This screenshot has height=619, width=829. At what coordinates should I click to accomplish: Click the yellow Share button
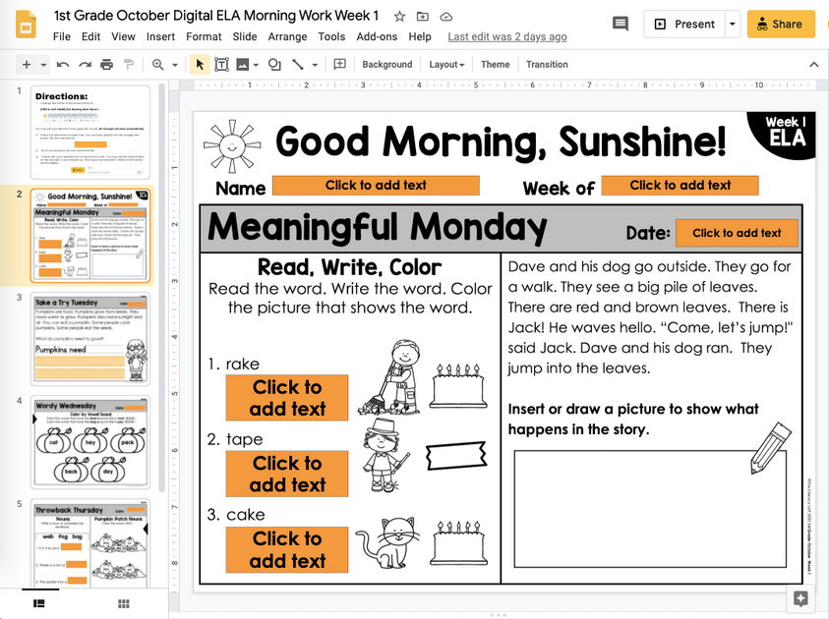775,24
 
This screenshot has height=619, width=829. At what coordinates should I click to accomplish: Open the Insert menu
160,36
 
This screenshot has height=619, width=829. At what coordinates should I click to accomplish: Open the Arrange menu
287,36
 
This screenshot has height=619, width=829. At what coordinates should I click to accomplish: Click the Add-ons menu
377,36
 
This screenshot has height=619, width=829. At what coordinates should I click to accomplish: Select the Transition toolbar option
547,65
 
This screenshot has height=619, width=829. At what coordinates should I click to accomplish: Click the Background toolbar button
386,65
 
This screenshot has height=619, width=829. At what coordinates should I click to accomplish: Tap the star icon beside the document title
399,17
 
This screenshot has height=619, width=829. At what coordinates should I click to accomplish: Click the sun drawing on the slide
229,145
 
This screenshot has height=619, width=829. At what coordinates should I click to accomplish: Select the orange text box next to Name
376,185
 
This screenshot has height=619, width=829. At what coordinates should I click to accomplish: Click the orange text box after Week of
680,185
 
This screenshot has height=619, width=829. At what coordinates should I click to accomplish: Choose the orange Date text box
737,233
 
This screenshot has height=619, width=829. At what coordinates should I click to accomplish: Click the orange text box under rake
286,398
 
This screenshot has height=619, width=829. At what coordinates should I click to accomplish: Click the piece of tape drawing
456,455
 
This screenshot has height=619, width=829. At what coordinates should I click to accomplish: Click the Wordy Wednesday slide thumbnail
91,442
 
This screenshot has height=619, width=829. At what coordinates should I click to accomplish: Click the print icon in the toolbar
106,65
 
